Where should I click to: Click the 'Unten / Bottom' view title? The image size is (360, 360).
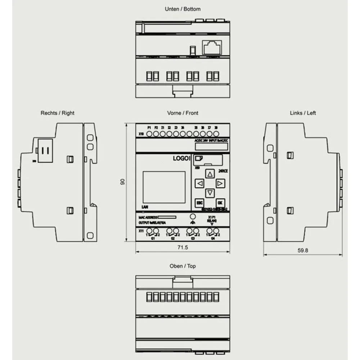pos(183,9)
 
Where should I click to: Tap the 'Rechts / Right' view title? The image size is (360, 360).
pos(57,113)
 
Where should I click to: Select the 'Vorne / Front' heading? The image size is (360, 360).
pos(183,113)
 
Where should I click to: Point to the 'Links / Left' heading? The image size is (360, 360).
pos(303,113)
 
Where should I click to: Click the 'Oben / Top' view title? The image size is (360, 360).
pos(183,266)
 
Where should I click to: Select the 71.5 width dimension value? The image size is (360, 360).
pos(183,248)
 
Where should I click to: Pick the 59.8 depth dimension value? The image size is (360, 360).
pos(303,251)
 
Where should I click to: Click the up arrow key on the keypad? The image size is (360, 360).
pos(210,174)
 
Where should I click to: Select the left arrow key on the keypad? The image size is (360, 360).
pos(199,184)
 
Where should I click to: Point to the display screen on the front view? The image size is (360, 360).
pos(164,187)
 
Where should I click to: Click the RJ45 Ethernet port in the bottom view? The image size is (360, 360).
pos(212,47)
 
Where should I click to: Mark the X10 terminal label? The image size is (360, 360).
pos(141,134)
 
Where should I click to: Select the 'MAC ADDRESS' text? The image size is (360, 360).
pos(148,217)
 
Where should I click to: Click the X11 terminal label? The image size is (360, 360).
pos(141,231)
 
